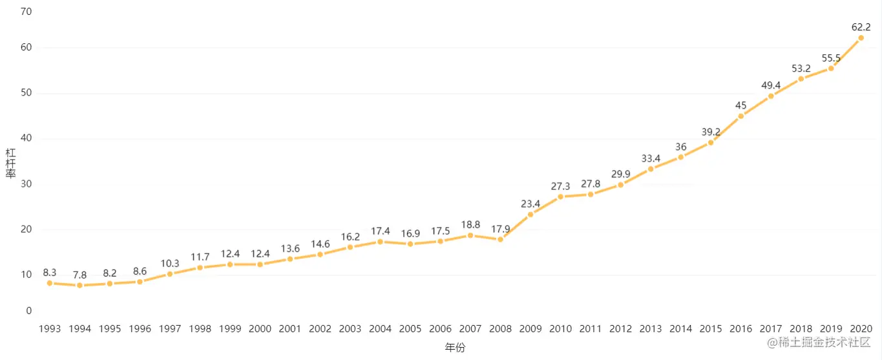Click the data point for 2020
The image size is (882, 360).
click(861, 37)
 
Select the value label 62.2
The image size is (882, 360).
click(861, 27)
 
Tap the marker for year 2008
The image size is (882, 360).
click(500, 239)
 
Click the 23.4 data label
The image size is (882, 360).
click(530, 204)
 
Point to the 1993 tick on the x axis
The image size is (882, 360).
click(50, 328)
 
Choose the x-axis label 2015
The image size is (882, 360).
click(711, 328)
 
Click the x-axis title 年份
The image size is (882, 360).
click(455, 348)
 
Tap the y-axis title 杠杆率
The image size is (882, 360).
click(11, 165)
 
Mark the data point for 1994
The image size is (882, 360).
click(79, 285)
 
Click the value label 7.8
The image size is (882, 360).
click(79, 275)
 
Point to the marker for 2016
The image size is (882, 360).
click(740, 116)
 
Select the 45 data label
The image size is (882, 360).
click(740, 105)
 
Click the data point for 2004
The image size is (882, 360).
click(380, 242)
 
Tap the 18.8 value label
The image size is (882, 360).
click(470, 224)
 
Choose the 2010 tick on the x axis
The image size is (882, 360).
click(560, 328)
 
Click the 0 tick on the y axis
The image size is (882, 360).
click(28, 311)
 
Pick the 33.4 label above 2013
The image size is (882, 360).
click(651, 158)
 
